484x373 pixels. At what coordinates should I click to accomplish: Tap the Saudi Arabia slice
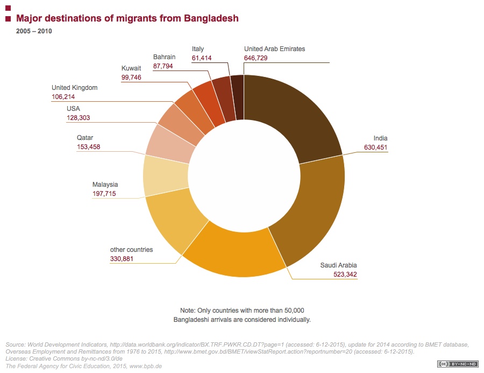click(x=237, y=253)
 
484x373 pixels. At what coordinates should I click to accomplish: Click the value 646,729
click(x=257, y=58)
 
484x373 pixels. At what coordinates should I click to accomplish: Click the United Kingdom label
click(x=74, y=87)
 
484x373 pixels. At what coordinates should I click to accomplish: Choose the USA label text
click(x=73, y=108)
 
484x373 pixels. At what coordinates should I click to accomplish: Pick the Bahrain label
click(x=164, y=57)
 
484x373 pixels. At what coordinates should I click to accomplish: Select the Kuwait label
click(x=131, y=68)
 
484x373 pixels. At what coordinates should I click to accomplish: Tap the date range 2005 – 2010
click(x=34, y=31)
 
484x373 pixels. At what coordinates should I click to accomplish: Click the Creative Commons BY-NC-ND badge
click(x=457, y=364)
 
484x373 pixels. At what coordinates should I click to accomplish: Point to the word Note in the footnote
click(x=188, y=311)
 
